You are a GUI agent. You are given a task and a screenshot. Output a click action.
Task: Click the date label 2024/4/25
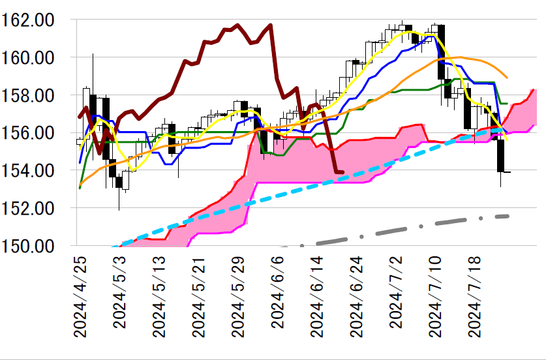click(x=80, y=296)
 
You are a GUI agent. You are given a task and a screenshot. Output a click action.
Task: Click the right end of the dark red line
click(x=343, y=172)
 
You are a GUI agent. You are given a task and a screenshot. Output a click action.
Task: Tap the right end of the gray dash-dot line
click(x=508, y=216)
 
